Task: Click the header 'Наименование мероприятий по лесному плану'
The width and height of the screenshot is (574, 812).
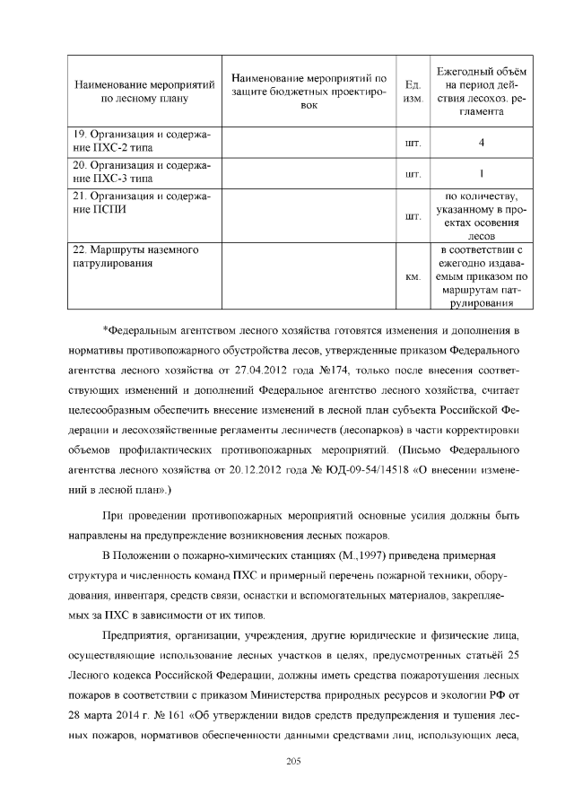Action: pyautogui.click(x=143, y=93)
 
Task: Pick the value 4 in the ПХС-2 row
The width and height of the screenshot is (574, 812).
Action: pyautogui.click(x=482, y=143)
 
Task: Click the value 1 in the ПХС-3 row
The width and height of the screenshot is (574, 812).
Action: pyautogui.click(x=482, y=174)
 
